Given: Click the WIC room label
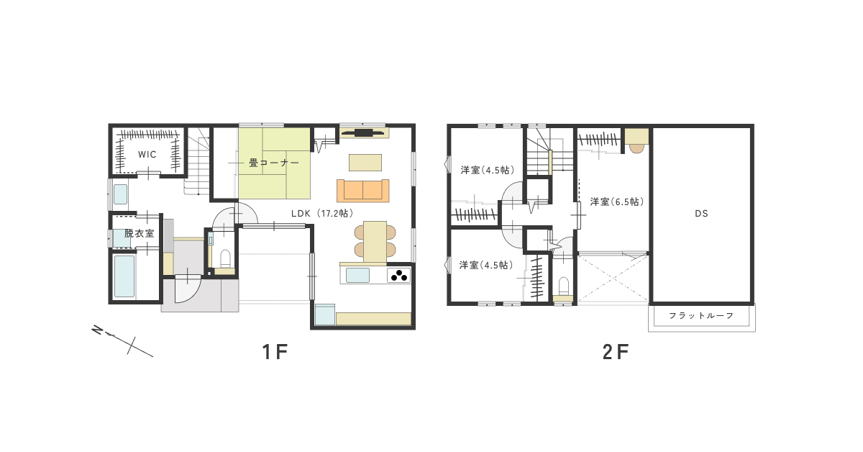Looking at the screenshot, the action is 147,155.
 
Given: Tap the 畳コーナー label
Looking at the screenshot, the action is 273,163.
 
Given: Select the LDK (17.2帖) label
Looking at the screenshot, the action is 322,213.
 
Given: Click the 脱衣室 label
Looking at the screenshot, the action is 139,233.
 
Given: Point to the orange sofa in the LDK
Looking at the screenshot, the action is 363,191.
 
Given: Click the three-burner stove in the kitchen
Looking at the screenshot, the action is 398,276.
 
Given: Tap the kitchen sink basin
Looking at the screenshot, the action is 357,276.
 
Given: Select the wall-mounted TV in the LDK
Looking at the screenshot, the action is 362,132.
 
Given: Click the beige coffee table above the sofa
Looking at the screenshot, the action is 365,163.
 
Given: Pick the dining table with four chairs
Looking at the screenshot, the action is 375,241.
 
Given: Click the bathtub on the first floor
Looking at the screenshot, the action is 124,276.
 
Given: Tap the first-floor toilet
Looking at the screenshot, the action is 225,258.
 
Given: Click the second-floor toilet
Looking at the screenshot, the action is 563,286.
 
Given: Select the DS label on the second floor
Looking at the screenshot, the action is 701,214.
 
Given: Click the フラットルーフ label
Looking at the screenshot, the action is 701,316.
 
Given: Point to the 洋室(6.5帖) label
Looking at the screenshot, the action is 617,202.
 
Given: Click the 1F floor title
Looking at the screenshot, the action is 275,352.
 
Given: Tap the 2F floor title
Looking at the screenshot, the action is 616,352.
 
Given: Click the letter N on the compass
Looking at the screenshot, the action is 97,330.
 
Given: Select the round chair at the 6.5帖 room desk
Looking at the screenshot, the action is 636,148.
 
